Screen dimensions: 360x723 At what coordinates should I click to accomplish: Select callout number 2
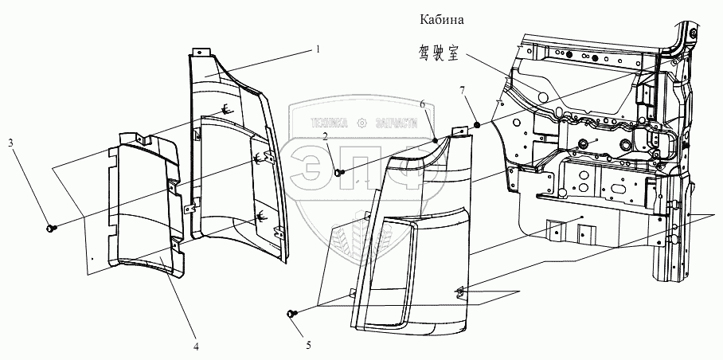coord(326,137)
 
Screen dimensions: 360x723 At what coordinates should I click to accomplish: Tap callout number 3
coord(10,143)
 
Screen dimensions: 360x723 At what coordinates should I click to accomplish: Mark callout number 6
coord(423,104)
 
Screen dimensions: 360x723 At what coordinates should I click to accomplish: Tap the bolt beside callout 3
coord(53,229)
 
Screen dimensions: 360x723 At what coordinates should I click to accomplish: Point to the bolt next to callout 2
coord(340,172)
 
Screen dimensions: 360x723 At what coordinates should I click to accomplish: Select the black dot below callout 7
coord(476,124)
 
